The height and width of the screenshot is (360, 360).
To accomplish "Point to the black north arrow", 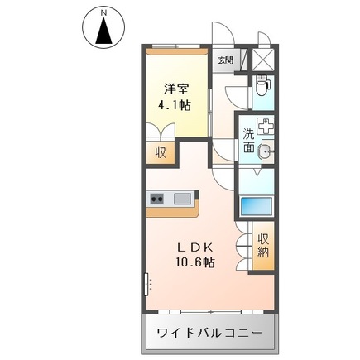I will (103, 31).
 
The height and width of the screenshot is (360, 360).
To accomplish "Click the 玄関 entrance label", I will (226, 60).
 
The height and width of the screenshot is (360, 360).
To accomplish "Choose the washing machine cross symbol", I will (266, 127).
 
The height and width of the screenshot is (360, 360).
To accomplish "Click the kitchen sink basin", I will (183, 199).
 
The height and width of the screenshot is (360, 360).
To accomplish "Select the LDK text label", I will (197, 247).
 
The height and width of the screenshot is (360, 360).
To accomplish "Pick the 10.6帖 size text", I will (197, 262).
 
